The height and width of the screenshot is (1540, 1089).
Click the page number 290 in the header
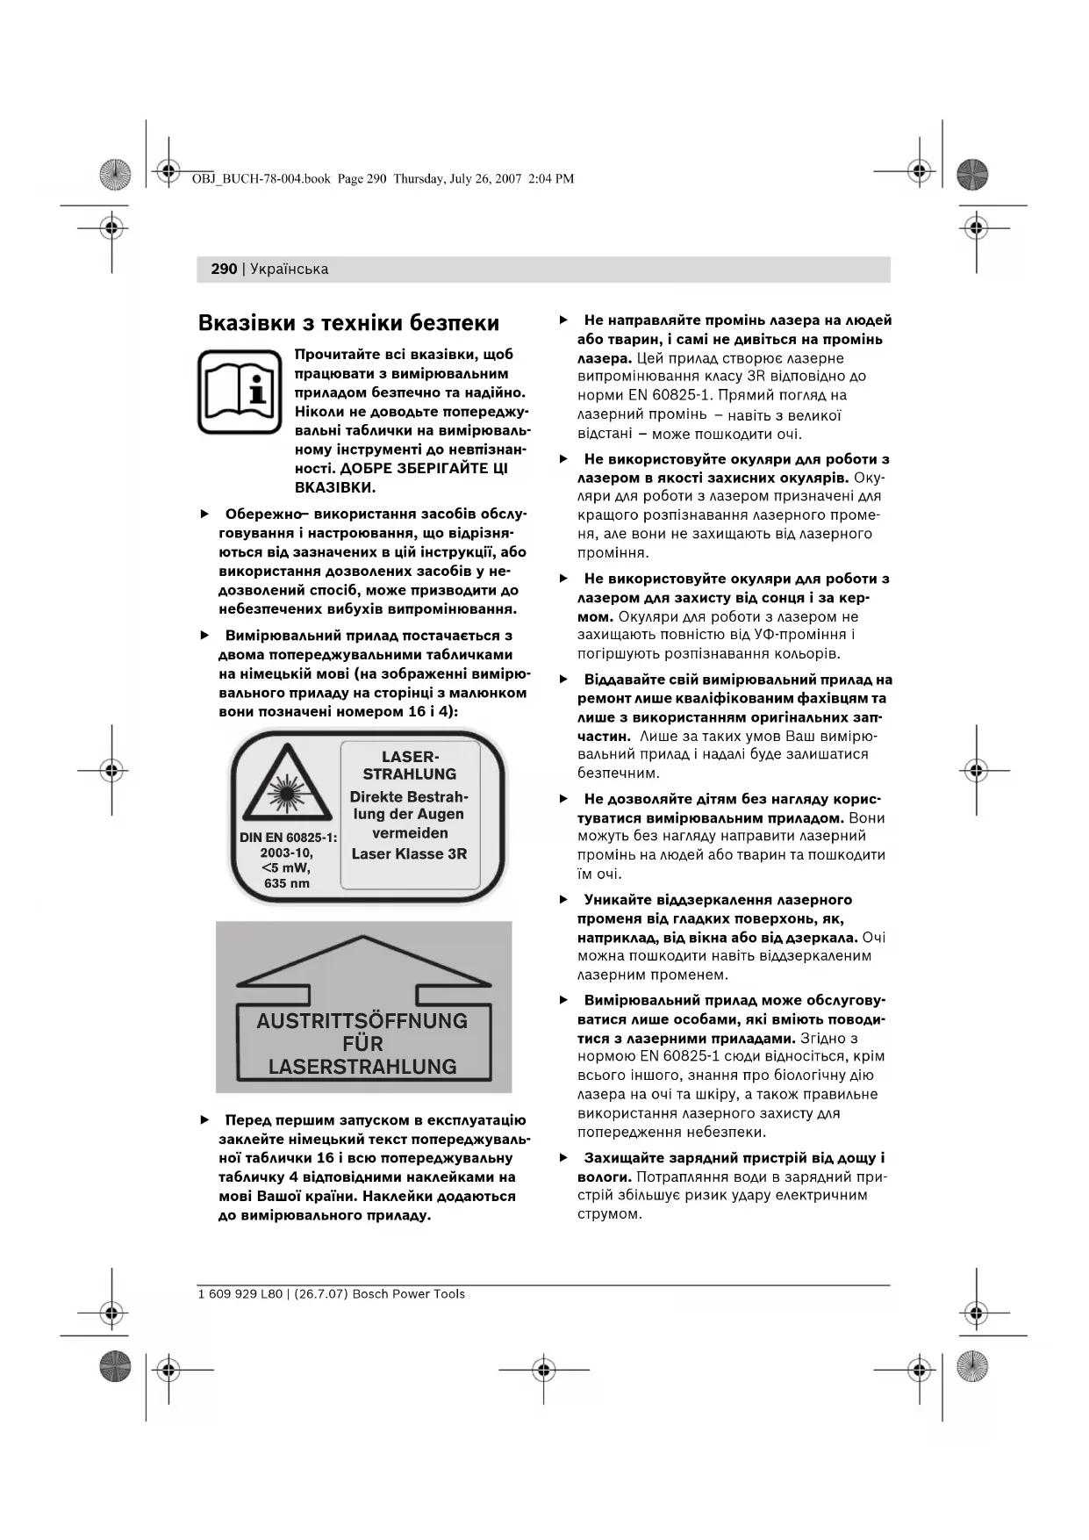(x=224, y=269)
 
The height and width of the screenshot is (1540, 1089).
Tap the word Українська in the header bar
(x=289, y=269)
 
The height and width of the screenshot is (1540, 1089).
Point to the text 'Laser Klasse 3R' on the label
(x=409, y=853)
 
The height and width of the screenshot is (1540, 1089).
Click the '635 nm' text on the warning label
(x=287, y=883)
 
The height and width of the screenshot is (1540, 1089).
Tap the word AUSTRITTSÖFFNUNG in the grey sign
(x=362, y=1021)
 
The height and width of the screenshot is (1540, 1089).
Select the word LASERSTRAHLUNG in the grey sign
(x=362, y=1067)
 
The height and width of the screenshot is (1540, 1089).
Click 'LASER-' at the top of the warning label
(x=410, y=756)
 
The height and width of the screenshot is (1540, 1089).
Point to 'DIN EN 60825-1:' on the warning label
(x=289, y=838)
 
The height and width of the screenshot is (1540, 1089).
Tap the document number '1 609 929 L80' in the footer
(x=240, y=1294)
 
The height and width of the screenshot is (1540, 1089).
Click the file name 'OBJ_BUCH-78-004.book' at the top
(x=261, y=179)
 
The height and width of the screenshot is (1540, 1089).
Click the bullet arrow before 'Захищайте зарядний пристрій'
(x=564, y=1158)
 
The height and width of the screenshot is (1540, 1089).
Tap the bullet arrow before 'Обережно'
(x=205, y=514)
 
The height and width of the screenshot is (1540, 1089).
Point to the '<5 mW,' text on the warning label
(x=286, y=868)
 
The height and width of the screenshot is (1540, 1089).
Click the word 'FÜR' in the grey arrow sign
(x=362, y=1044)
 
